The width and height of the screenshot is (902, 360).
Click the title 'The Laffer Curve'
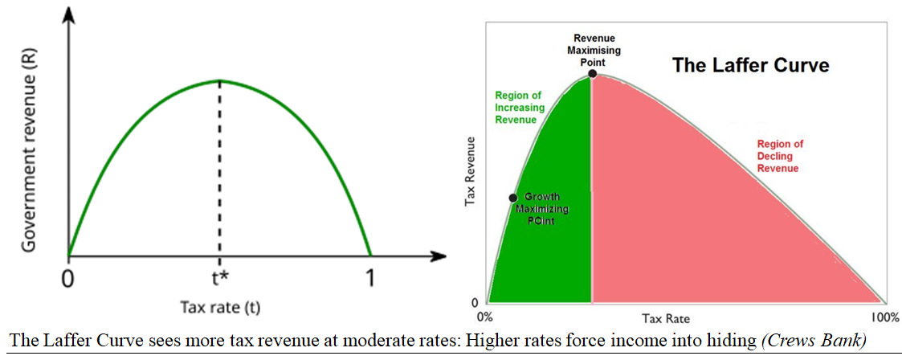pyautogui.click(x=749, y=65)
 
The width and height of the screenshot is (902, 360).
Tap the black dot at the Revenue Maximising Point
pyautogui.click(x=592, y=74)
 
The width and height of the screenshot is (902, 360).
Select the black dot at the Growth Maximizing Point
pyautogui.click(x=513, y=198)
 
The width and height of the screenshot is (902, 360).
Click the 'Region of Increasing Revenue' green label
pyautogui.click(x=519, y=107)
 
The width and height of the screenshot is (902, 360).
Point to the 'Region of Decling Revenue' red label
pyautogui.click(x=779, y=156)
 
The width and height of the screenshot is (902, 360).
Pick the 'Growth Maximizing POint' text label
pyautogui.click(x=546, y=209)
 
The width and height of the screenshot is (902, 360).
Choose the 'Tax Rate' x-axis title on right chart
pyautogui.click(x=665, y=318)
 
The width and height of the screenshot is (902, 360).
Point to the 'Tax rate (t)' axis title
pyautogui.click(x=219, y=307)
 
